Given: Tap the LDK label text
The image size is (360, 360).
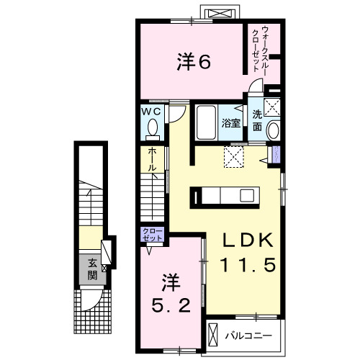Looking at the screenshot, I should pos(242,240).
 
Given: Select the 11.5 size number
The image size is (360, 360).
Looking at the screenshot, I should pos(242,265).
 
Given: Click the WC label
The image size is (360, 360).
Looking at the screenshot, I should pos(151,112).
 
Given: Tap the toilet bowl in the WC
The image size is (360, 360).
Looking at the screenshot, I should pos(152,127).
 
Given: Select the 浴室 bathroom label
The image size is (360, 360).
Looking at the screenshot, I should pos(230,123).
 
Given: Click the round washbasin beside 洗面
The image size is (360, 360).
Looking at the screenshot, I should pos(273,132).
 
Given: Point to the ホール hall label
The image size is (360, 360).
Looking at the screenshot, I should pos(153,159).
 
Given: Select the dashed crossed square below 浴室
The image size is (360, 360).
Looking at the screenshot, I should pos(234,156).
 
